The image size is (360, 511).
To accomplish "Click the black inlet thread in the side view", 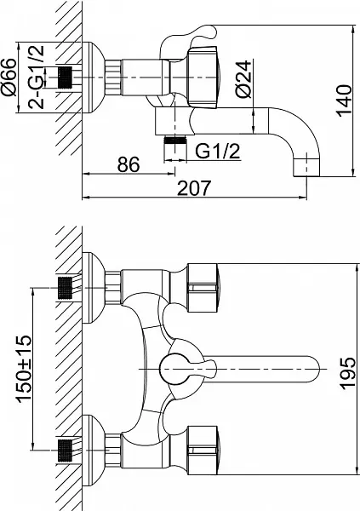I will (62, 78).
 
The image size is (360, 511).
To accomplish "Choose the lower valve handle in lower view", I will (203, 448).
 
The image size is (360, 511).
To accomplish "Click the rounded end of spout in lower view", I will (315, 369).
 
